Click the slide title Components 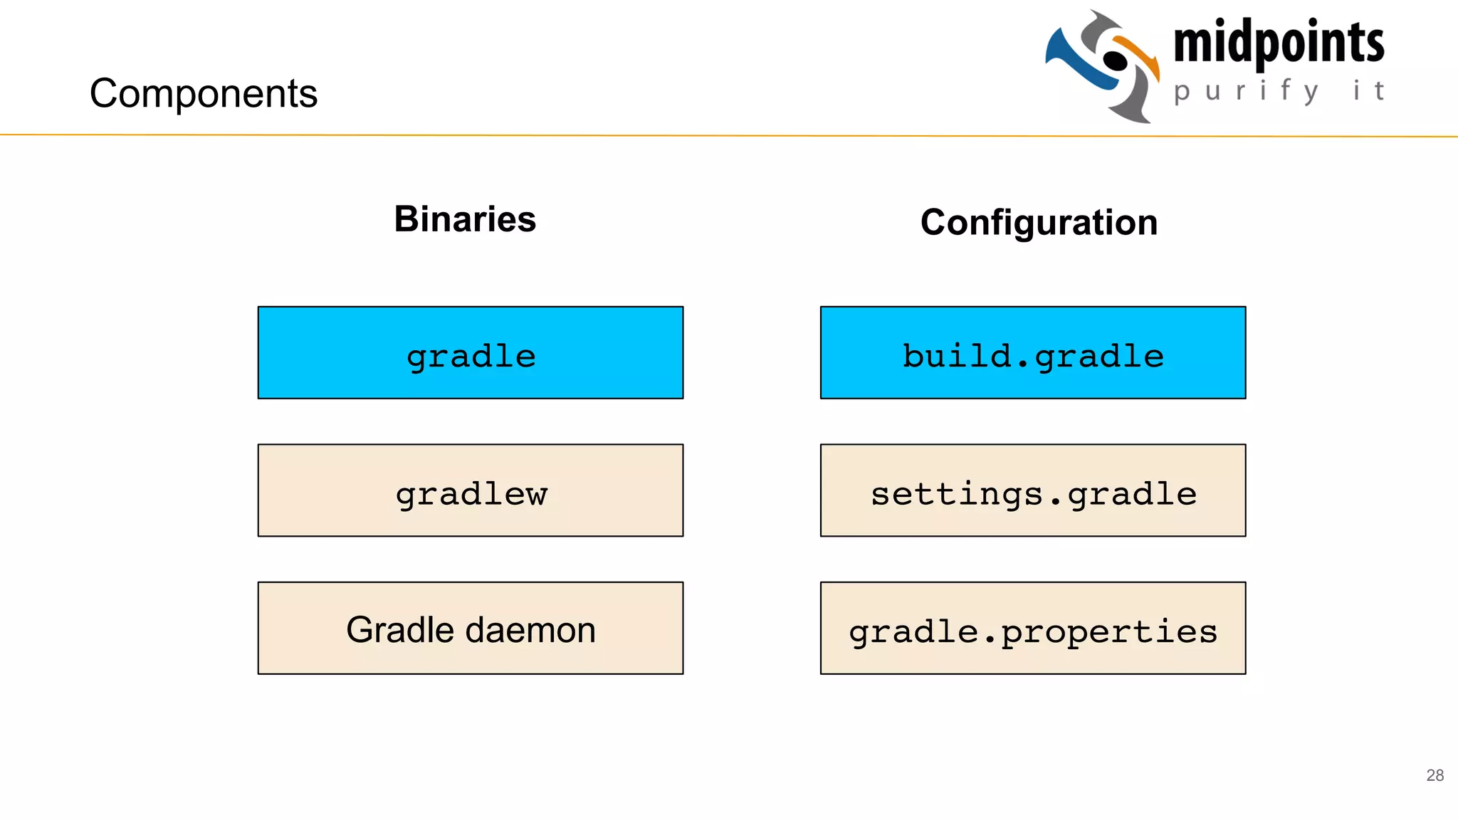[203, 93]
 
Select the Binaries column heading [465, 219]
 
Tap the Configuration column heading [1039, 222]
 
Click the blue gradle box [470, 353]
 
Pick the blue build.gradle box [1032, 353]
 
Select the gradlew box [470, 490]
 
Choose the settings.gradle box [1032, 490]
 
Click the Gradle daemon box [470, 629]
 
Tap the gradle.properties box [1032, 629]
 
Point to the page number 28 [1435, 775]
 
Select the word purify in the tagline [1246, 91]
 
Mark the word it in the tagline [1368, 90]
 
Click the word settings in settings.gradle [957, 493]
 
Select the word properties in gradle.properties [1109, 632]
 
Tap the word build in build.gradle [956, 355]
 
